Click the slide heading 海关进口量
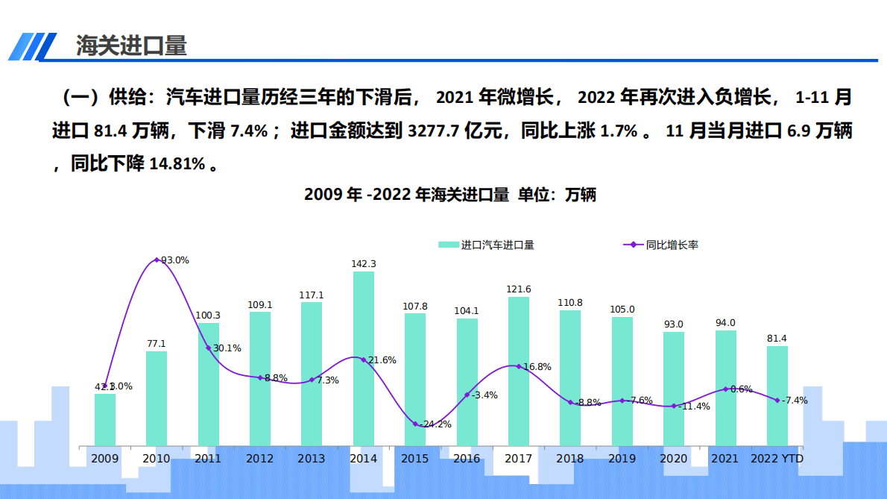131,45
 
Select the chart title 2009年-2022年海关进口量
450,195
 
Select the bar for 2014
363,358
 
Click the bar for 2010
157,398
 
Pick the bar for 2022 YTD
777,395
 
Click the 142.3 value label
364,264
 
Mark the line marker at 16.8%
519,366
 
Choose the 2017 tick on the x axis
518,459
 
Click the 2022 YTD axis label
777,459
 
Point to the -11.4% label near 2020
695,407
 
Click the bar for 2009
105,419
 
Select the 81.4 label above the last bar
777,339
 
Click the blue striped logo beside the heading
33,47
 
